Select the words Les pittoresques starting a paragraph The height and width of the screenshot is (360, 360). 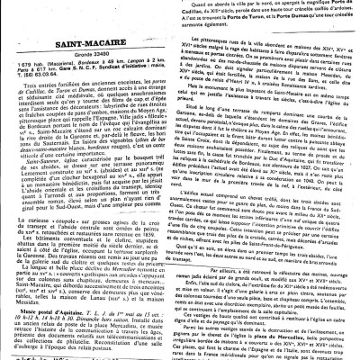[x=221, y=39]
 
